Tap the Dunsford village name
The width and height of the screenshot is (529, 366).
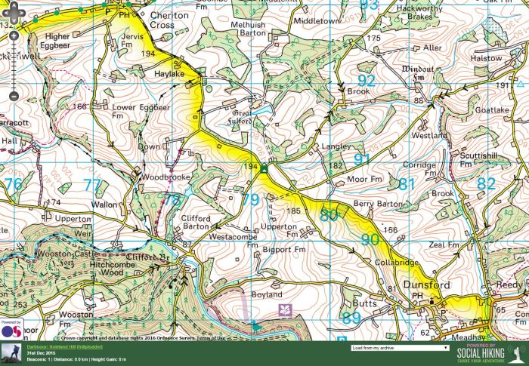pos(425,285)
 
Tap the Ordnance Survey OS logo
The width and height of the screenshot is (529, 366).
pos(11,330)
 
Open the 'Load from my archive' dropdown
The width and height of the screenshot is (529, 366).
pos(400,349)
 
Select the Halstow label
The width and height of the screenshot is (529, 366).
pos(507,58)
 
